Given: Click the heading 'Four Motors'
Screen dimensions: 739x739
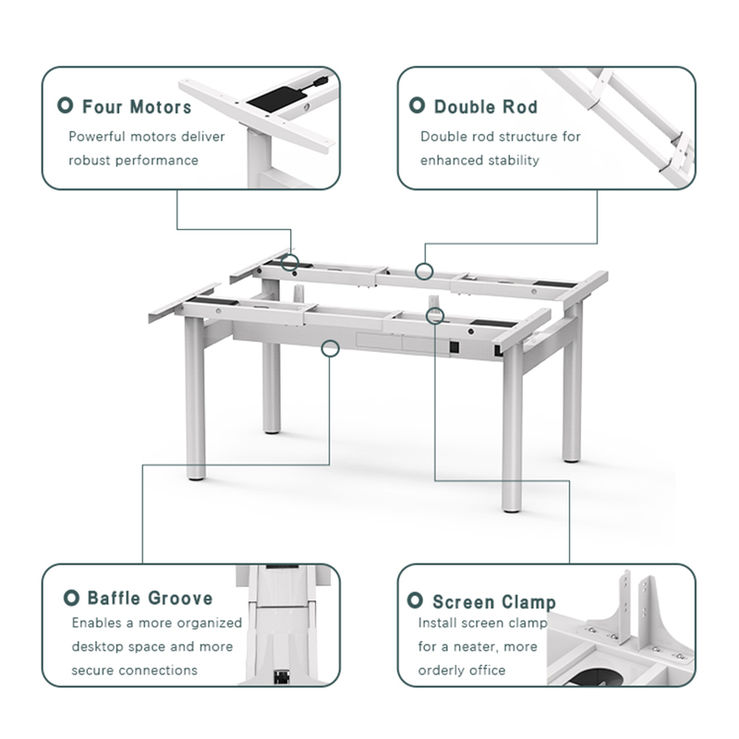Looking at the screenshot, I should point(137,107).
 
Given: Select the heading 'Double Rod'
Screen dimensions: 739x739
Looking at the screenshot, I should point(486,107).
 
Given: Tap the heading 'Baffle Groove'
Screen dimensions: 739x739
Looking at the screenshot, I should point(150,599).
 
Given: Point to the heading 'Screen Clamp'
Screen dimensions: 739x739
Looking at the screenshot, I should point(494,602).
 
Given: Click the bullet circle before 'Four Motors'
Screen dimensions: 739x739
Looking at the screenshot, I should point(67,106).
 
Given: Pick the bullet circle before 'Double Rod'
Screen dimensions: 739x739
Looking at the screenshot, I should point(417,106).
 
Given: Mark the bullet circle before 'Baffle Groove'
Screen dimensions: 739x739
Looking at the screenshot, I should point(71,598).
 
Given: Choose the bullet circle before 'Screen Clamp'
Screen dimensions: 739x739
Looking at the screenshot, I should point(416,601).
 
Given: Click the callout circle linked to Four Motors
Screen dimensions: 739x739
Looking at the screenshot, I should point(290,262).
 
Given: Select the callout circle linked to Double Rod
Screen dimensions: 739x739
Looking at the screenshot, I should point(424,271).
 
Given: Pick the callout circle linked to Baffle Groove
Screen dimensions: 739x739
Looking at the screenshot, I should point(330,347).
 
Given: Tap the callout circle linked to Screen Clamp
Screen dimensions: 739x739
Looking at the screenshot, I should point(435,316).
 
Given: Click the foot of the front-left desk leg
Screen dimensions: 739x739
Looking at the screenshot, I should point(196,474).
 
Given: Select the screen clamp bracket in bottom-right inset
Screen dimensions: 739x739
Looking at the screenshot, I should point(637,610).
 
